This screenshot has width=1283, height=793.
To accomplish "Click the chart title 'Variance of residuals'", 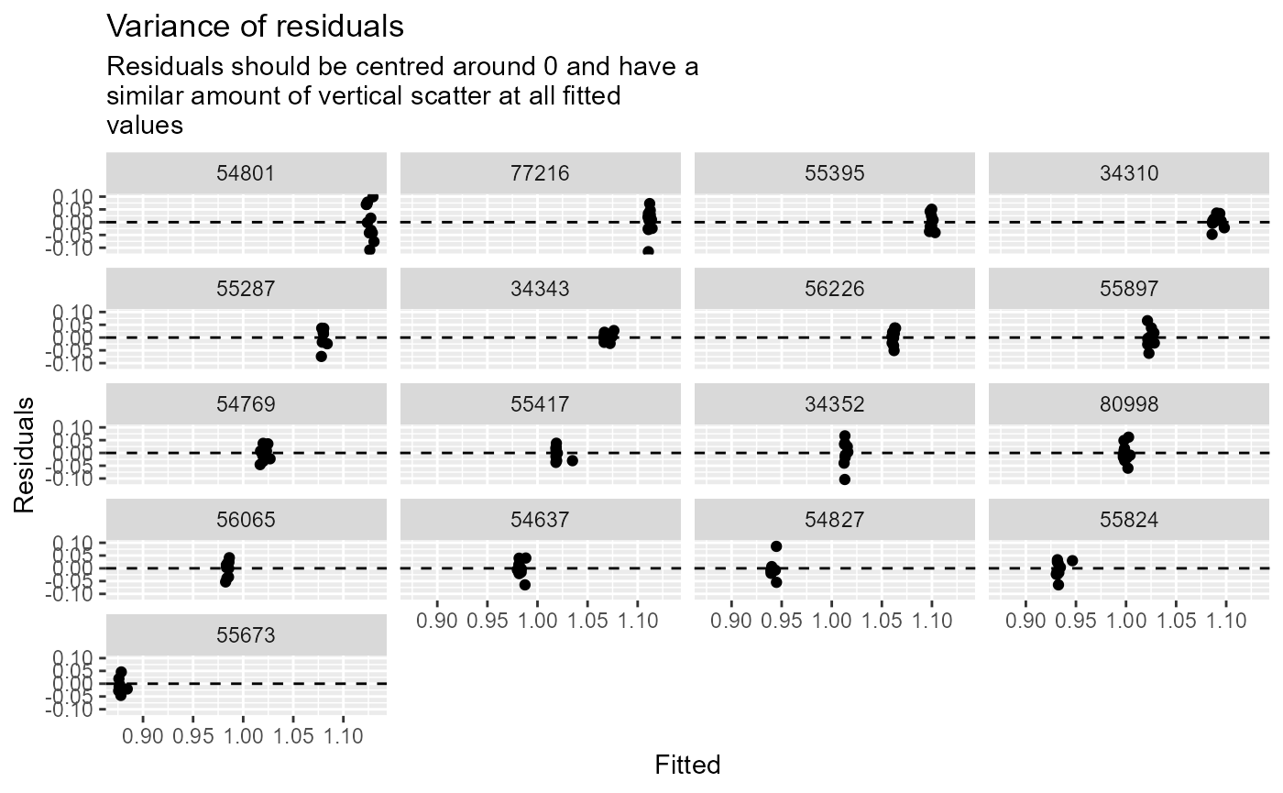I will point(255,27).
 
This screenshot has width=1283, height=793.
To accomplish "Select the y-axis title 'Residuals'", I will point(25,454).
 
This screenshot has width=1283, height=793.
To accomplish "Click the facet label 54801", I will point(247,172).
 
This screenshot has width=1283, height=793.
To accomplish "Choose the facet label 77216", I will point(541,172).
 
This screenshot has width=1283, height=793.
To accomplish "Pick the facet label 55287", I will point(247,288).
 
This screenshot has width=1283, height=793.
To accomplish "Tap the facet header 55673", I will point(247,634).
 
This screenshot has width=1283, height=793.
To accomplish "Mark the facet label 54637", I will point(541,519).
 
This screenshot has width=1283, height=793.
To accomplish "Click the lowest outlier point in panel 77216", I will point(648,251).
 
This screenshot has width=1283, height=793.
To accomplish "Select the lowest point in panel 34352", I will point(844,479).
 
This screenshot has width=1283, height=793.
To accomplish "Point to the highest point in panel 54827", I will point(776,546).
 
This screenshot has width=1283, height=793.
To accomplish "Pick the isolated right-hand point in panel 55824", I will point(1072,560).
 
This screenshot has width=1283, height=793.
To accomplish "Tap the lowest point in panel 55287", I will point(321,357).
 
